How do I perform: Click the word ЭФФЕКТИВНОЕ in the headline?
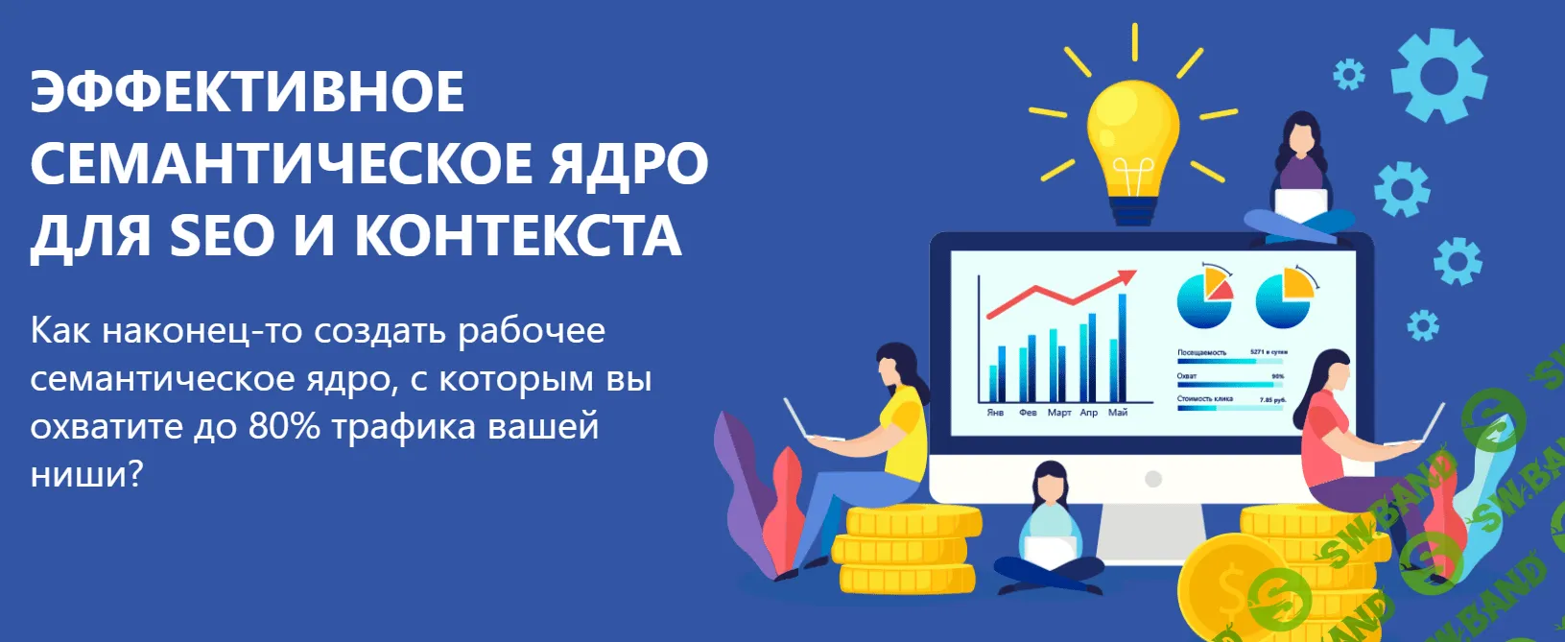(248, 92)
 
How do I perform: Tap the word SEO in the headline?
(223, 236)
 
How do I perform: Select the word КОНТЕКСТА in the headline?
(518, 236)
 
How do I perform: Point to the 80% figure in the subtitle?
(284, 426)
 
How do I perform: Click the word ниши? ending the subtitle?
(86, 474)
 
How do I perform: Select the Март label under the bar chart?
(1059, 413)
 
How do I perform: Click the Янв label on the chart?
(995, 413)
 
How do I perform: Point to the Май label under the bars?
(1118, 413)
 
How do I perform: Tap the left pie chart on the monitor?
(1204, 298)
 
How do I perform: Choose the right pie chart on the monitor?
(1284, 298)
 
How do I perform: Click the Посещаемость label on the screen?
(1201, 353)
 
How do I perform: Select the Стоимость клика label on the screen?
(1205, 399)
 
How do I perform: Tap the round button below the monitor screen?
(1153, 478)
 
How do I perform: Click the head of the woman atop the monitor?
(1299, 136)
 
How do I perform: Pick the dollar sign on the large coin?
(1231, 588)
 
